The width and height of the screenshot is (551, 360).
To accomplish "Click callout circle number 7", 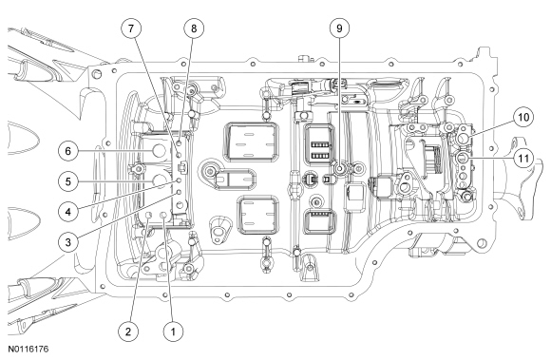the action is click(x=131, y=28).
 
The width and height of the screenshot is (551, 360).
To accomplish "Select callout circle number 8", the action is click(x=194, y=28).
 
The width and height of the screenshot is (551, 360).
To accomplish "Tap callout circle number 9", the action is click(x=339, y=28).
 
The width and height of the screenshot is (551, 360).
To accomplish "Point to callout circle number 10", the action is click(x=523, y=117).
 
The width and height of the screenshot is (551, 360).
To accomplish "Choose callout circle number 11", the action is click(x=523, y=159).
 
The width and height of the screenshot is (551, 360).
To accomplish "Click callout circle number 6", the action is click(x=68, y=151).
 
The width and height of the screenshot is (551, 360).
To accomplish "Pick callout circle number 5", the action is click(x=68, y=181).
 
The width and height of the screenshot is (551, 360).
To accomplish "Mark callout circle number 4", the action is click(x=68, y=212).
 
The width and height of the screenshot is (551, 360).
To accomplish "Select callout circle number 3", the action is click(x=68, y=242).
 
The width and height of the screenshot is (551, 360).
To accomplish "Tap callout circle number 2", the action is click(x=128, y=332).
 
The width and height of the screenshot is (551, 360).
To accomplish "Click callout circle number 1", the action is click(x=173, y=332).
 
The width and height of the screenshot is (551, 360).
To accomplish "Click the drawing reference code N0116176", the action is click(x=28, y=350).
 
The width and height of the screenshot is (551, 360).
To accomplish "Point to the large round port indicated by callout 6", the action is click(x=159, y=151).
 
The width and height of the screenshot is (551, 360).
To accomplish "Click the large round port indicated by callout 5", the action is click(x=159, y=180).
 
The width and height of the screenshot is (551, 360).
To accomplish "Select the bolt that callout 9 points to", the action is click(x=340, y=169).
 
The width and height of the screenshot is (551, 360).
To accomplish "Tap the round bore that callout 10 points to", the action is click(x=463, y=139).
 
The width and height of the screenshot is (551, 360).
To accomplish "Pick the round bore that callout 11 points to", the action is click(x=462, y=157).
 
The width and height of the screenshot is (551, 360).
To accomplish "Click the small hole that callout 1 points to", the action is click(x=163, y=215).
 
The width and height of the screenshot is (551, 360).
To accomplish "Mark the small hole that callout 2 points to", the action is click(x=148, y=215).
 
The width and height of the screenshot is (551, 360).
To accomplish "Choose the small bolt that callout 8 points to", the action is click(x=180, y=142).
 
